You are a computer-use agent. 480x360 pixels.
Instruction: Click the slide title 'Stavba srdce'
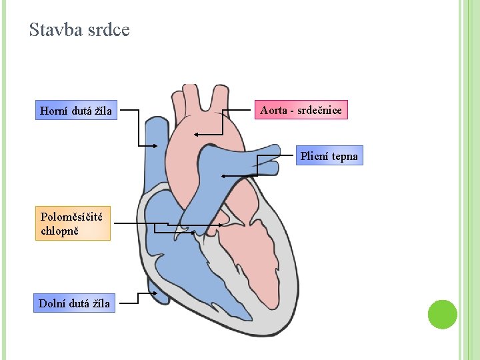coord(79,30)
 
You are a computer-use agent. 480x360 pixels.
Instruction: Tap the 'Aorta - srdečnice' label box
coord(301,110)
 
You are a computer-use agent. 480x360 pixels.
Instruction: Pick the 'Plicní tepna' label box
coord(329,156)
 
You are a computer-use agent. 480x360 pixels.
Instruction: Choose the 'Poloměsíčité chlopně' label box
coord(73,223)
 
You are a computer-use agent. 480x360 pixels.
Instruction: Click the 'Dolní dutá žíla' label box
coord(75,304)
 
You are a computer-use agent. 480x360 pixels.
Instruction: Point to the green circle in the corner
coord(442,314)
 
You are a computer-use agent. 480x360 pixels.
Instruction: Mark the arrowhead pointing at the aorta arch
coord(197,134)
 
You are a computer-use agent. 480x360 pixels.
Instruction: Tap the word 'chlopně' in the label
coord(59,231)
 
